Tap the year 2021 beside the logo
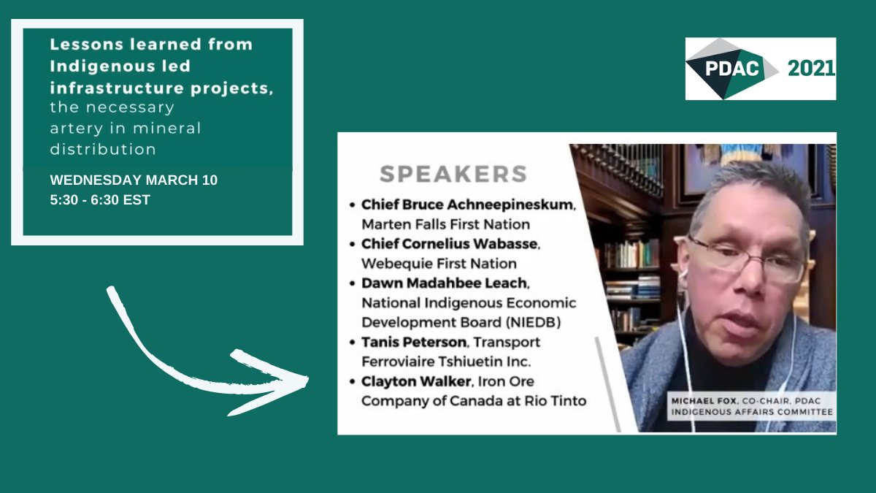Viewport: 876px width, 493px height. pos(811,69)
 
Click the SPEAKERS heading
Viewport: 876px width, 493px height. pos(453,174)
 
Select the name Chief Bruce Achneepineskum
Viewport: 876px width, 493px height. pos(468,205)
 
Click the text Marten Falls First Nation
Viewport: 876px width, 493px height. pos(445,224)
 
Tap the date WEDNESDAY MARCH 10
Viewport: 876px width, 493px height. pos(134,180)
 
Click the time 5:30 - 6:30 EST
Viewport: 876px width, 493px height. pos(100,199)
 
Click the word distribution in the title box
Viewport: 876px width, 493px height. pos(103,149)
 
